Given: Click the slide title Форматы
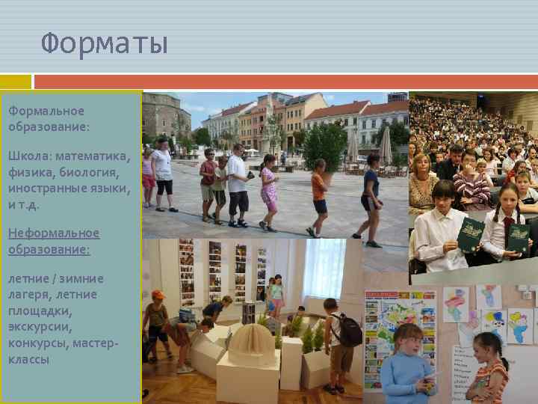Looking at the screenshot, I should [x=105, y=43].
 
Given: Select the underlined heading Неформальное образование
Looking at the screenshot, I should [x=54, y=241].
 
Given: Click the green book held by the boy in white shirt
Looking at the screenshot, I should [x=471, y=234].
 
